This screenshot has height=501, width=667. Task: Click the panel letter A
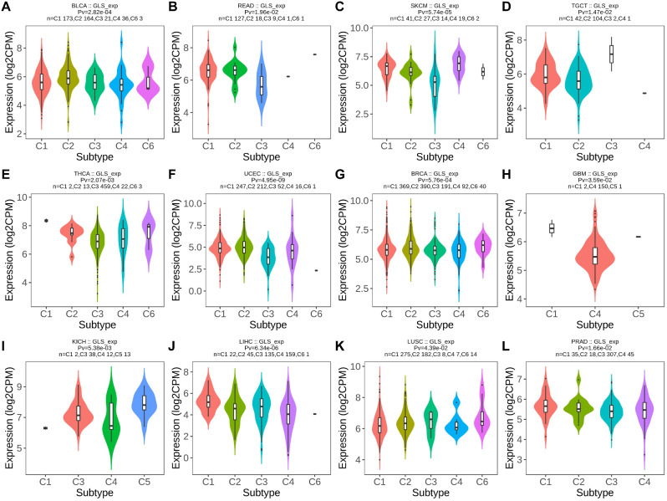6,7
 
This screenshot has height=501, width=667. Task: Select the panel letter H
511,173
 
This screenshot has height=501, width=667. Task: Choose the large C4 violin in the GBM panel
594,255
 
